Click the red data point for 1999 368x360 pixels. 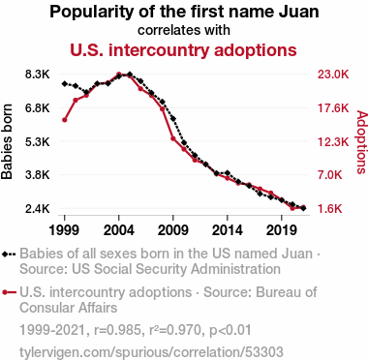65,120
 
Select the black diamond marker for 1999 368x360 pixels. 65,83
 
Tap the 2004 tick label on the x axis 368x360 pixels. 119,230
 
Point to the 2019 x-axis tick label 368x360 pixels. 282,230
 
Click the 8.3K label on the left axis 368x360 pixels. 38,75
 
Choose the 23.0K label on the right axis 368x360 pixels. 333,75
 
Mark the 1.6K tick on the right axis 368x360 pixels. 329,209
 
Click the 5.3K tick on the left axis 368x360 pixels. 38,141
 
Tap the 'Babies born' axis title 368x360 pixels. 7,141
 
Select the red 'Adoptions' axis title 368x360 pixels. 362,142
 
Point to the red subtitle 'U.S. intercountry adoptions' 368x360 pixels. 183,50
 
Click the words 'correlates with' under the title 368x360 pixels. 184,30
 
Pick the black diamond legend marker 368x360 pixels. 9,255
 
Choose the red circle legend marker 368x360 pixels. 9,292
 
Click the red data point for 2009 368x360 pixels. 173,138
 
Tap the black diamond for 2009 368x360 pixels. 173,119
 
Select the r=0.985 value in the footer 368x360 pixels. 117,330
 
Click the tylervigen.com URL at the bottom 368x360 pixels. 151,352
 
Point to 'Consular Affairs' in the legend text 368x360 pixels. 69,308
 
